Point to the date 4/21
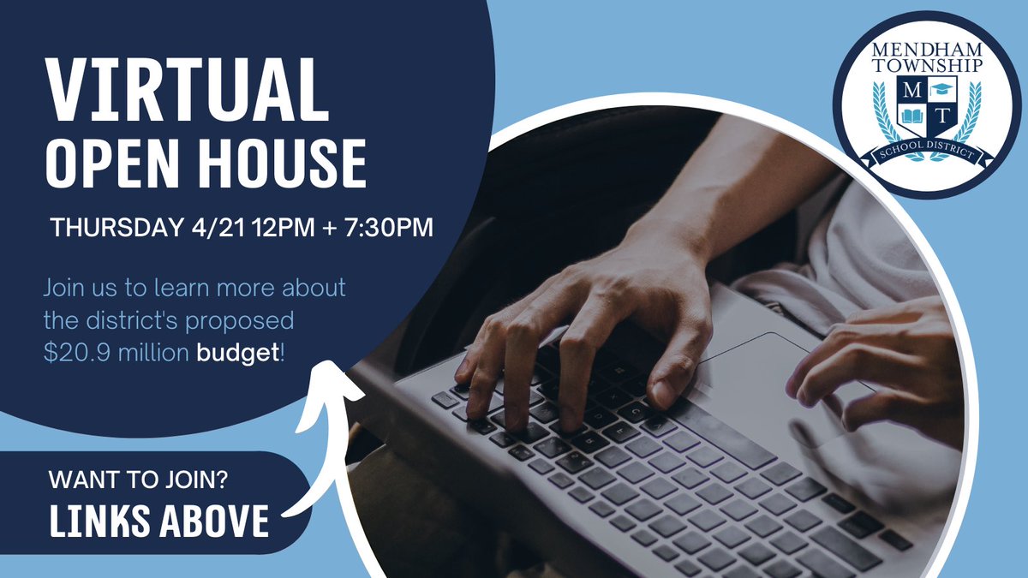pyautogui.click(x=213, y=229)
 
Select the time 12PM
pyautogui.click(x=274, y=229)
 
